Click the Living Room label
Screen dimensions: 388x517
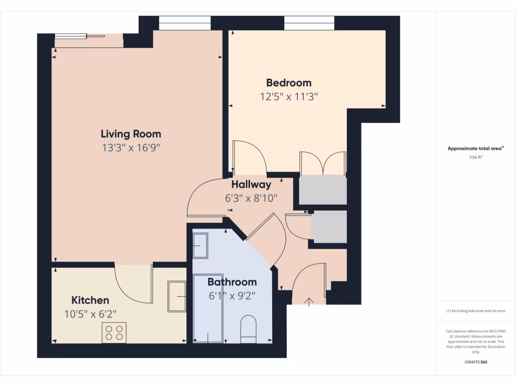(x=131, y=134)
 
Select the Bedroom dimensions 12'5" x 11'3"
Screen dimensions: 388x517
(x=289, y=96)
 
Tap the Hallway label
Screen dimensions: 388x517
(x=251, y=185)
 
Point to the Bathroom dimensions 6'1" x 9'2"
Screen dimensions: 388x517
(x=232, y=296)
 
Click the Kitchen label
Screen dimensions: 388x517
(x=90, y=300)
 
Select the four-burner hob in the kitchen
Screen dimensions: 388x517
(x=114, y=332)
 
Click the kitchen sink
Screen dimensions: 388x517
(x=177, y=296)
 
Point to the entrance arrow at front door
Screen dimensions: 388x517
(x=309, y=302)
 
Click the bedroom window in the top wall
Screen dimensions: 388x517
(x=309, y=23)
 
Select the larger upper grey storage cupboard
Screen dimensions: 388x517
(x=323, y=190)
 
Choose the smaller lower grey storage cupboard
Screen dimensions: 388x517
(x=329, y=227)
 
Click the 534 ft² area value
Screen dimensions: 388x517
(x=476, y=157)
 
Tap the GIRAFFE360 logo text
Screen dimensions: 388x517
(x=476, y=362)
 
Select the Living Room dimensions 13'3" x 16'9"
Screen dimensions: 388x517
(x=131, y=148)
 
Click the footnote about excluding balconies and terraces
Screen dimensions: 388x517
(x=476, y=311)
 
